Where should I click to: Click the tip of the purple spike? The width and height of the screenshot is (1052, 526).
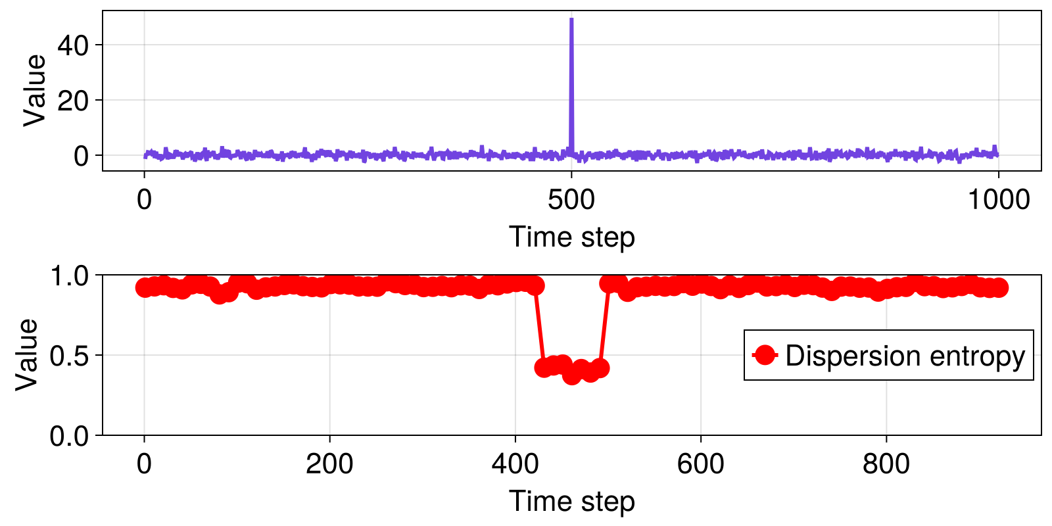click(571, 19)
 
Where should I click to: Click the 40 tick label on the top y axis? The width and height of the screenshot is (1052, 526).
click(73, 45)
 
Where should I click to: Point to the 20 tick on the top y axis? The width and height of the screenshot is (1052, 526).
click(73, 101)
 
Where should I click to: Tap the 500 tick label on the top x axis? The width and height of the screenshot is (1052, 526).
click(571, 199)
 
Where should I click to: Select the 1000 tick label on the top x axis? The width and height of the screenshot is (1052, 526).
click(998, 199)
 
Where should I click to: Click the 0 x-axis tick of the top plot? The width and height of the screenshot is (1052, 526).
click(144, 199)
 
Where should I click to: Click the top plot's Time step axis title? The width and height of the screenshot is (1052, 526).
click(571, 237)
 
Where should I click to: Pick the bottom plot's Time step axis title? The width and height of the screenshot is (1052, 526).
click(571, 501)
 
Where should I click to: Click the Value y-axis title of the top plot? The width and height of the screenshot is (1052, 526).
click(35, 90)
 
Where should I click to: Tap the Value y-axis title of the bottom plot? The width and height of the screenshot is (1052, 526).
click(27, 354)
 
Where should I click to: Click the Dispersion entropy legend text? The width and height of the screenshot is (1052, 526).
click(905, 356)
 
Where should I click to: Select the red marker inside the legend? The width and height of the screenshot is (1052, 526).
click(765, 355)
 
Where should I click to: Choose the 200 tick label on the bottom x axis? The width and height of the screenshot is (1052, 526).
click(329, 464)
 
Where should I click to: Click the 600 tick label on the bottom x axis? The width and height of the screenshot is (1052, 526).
click(701, 464)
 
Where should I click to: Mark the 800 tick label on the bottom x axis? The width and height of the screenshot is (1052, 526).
click(886, 464)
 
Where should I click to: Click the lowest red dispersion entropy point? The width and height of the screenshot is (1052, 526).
click(571, 375)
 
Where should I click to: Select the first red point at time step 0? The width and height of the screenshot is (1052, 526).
click(145, 287)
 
